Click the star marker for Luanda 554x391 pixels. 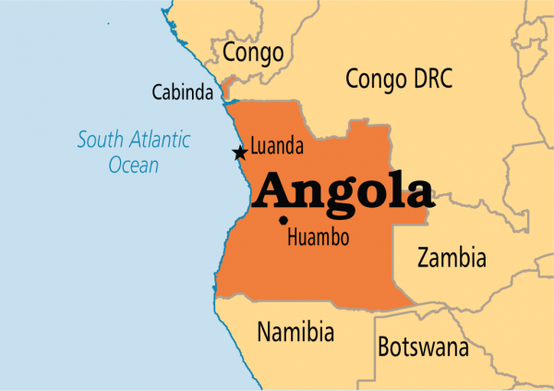[x=240, y=153]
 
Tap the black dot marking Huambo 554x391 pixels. [x=282, y=220]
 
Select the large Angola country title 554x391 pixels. [x=343, y=190]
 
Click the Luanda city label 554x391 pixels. [x=278, y=147]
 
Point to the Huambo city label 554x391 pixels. [x=319, y=238]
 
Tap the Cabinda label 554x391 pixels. [x=185, y=92]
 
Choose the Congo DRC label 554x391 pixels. [x=399, y=79]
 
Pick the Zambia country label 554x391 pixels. [x=452, y=257]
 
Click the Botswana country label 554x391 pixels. [x=423, y=348]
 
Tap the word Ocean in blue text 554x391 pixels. [x=134, y=166]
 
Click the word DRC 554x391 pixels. [x=432, y=79]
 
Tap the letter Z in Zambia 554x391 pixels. [x=424, y=257]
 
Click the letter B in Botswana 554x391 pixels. [x=384, y=348]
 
